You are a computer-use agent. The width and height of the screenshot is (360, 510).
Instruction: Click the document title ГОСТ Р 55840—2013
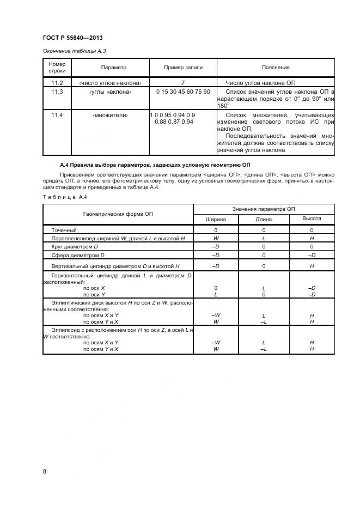coord(72,38)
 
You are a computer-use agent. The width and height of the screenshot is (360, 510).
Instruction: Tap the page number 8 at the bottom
coord(45,471)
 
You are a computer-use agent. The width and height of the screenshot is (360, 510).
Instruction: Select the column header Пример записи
coord(183,68)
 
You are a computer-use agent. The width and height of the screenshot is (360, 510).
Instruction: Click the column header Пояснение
coord(276,68)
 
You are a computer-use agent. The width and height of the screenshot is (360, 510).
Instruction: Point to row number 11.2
coord(57,82)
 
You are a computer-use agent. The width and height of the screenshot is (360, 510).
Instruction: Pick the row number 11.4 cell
coord(57,115)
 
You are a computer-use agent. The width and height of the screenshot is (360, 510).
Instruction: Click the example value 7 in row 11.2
coord(183,82)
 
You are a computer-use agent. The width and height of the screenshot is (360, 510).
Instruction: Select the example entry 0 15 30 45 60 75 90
coord(183,92)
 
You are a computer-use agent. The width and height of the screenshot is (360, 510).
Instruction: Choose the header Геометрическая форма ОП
coord(118,214)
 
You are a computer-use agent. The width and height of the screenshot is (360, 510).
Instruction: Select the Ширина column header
coord(216,219)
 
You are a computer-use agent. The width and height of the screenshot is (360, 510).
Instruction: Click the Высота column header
coord(312,218)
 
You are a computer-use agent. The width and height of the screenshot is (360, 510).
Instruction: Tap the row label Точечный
coord(64,230)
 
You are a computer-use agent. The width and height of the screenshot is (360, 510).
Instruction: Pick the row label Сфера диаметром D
coord(78,255)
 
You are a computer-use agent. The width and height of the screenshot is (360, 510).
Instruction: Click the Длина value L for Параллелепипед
coord(264,239)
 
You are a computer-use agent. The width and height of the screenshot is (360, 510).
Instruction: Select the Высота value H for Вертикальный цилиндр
coord(312,266)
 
